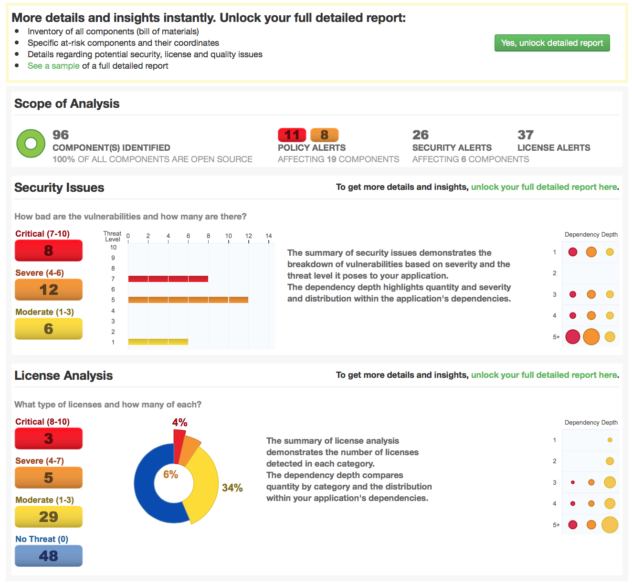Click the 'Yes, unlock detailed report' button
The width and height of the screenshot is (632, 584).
pos(552,43)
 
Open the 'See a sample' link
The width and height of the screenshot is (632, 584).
pos(53,66)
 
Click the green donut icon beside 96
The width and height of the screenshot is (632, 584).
pos(31,143)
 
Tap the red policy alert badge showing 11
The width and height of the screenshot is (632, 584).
pos(292,135)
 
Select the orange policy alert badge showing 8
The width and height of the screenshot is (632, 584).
pos(324,135)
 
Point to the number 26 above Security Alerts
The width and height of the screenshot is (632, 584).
pos(421,135)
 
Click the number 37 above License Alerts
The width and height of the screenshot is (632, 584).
pos(526,135)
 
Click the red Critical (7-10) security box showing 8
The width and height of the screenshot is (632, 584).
pos(49,250)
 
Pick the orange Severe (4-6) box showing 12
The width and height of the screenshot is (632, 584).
pos(49,290)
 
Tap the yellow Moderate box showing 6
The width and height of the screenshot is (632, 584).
pos(49,329)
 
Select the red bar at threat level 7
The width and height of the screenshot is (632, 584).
pos(168,279)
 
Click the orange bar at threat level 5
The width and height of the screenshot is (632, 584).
pos(188,300)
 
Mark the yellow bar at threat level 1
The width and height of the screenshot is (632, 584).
pos(158,342)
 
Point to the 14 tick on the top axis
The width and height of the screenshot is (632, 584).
pos(269,236)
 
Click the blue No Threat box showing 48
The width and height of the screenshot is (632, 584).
pos(49,556)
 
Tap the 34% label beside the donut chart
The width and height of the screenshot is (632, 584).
pos(232,488)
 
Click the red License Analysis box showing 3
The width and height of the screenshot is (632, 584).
pos(49,438)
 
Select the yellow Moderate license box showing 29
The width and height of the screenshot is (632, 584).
pos(49,517)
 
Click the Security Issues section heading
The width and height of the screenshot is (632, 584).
pos(59,188)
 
